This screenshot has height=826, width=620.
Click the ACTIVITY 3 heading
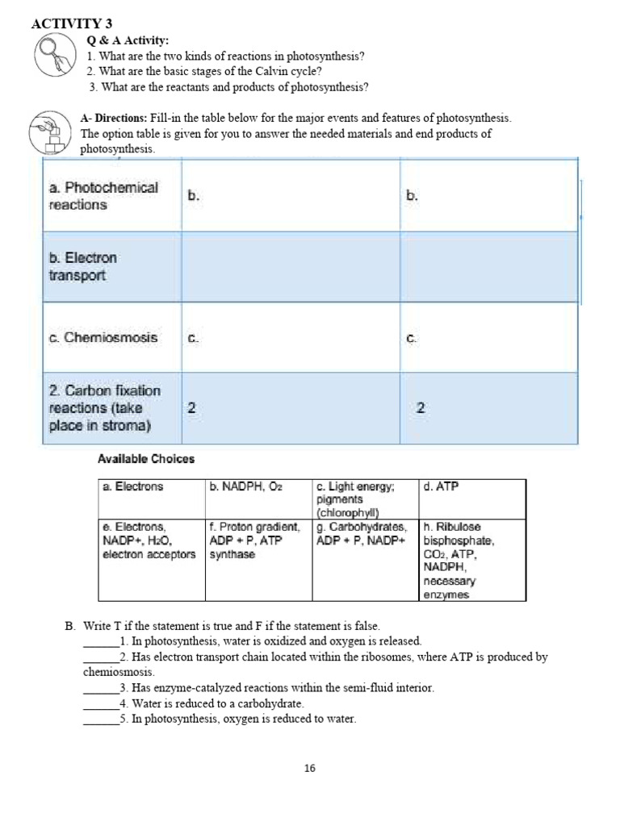[x=71, y=23]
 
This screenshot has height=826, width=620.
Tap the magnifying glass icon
[x=56, y=55]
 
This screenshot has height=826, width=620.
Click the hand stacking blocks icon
[x=50, y=132]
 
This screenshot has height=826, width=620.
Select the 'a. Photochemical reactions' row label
[x=103, y=196]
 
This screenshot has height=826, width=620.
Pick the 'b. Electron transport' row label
[x=83, y=267]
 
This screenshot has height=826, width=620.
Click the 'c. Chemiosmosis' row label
[x=103, y=337]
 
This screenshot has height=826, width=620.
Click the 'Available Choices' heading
[x=146, y=459]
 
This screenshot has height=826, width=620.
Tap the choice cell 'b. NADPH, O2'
[x=245, y=486]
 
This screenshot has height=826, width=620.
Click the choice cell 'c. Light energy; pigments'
[x=355, y=499]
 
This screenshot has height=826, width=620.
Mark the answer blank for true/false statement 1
[x=100, y=642]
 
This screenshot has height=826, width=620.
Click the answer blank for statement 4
[x=100, y=704]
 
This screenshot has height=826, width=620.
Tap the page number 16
[x=310, y=769]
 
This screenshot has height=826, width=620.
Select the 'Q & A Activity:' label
[x=128, y=40]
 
